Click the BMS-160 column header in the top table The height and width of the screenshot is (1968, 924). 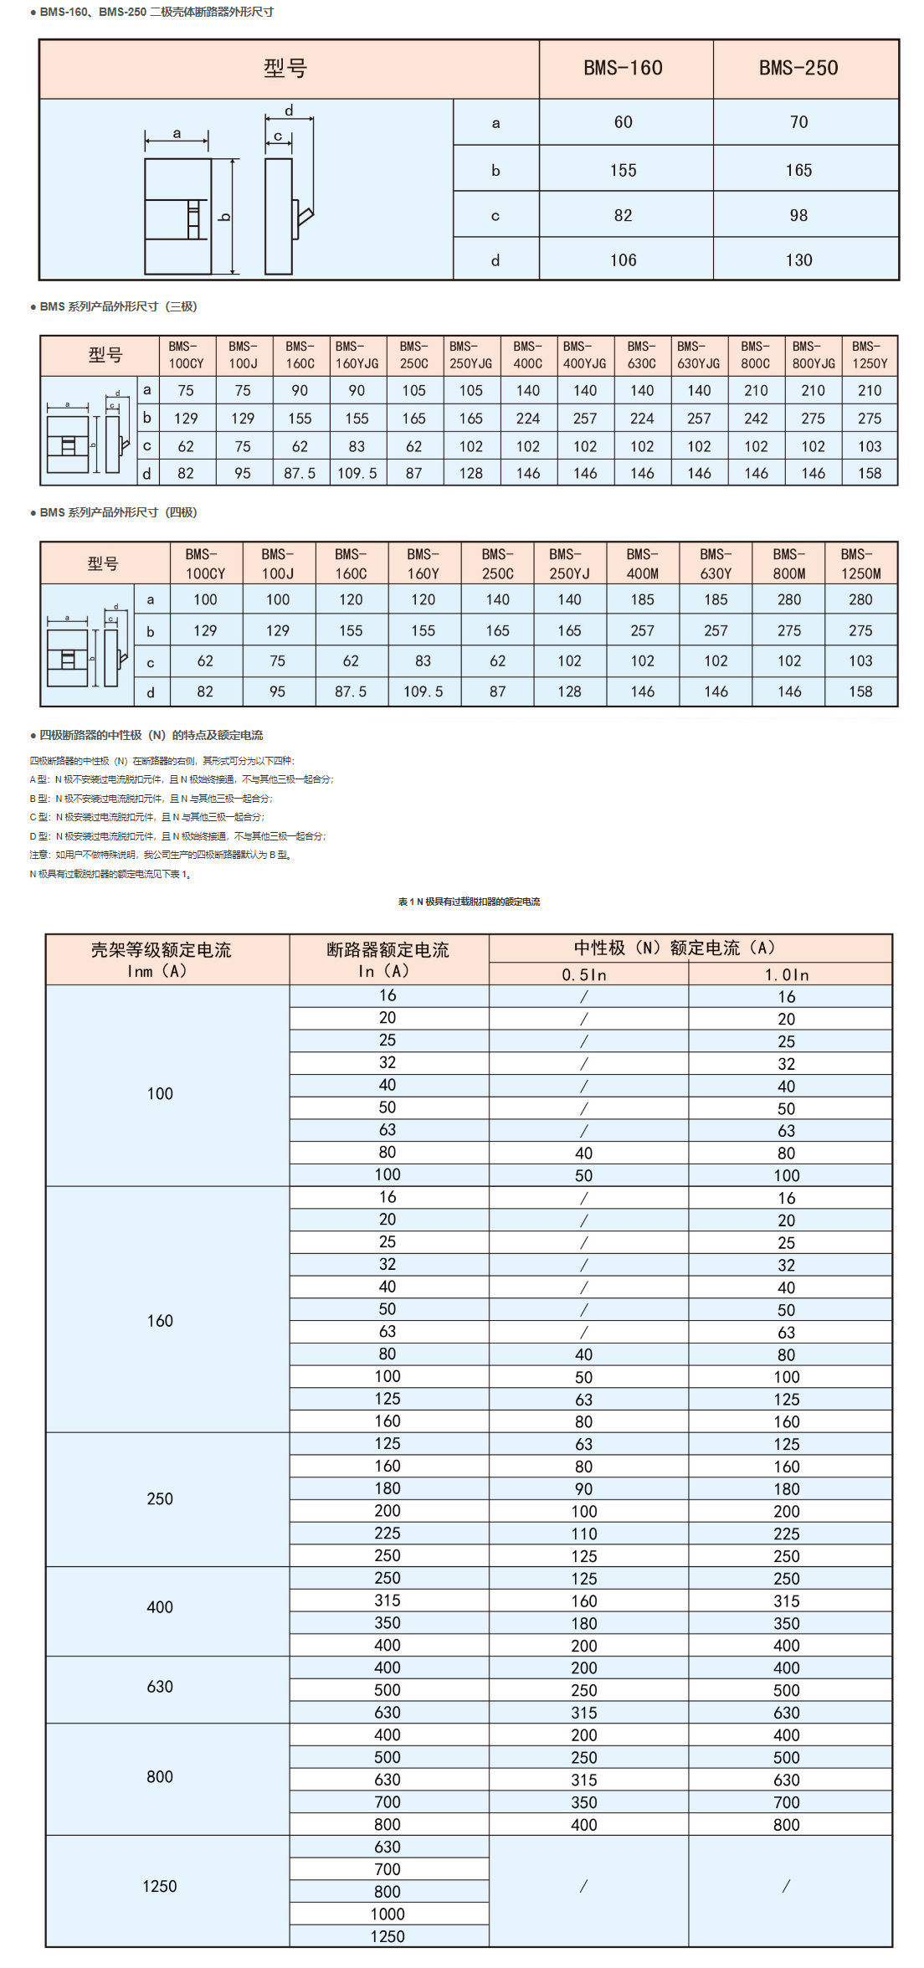click(623, 68)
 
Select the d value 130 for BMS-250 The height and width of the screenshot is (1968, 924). click(798, 260)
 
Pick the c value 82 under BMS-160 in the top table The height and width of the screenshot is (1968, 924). click(623, 215)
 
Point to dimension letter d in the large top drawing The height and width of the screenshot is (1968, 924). click(289, 110)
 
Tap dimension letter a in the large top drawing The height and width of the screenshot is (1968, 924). click(177, 133)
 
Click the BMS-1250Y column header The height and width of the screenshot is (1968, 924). click(870, 355)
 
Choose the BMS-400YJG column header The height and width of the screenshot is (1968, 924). click(584, 355)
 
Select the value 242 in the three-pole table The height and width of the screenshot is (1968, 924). click(756, 419)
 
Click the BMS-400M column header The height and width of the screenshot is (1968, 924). click(642, 563)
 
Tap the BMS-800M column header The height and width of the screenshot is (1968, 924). click(788, 563)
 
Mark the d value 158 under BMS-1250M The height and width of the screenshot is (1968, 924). click(860, 691)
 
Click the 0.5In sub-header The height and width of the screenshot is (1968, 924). click(584, 974)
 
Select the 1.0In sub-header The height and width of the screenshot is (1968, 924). click(787, 974)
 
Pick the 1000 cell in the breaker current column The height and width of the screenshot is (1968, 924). click(388, 1914)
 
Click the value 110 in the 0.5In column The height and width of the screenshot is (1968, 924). click(584, 1534)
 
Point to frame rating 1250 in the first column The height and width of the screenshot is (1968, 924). click(159, 1886)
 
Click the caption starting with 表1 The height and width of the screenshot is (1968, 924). click(469, 902)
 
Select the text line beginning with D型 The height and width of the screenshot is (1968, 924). click(177, 836)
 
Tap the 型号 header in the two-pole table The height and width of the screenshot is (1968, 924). click(285, 68)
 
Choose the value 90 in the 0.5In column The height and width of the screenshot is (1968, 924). click(584, 1489)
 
